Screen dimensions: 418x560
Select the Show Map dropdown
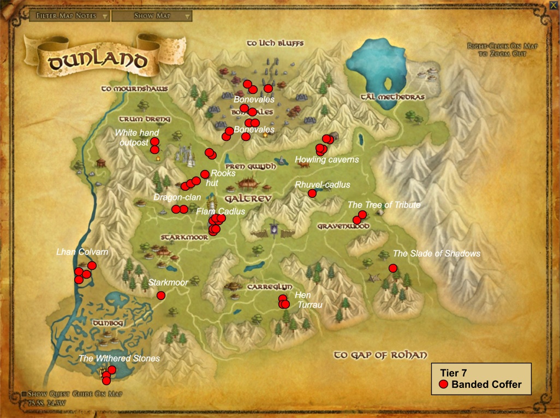152,16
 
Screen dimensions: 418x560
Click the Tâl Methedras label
392,97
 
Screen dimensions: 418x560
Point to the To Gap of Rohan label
380,355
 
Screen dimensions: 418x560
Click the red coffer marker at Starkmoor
161,296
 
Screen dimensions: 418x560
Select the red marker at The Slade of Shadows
393,268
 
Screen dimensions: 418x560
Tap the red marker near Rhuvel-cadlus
312,193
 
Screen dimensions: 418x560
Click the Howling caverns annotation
327,160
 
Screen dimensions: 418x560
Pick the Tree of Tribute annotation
384,205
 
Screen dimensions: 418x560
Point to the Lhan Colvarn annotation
82,252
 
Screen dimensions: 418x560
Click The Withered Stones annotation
119,358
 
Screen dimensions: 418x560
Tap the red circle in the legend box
444,385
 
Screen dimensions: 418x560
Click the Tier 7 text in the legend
453,373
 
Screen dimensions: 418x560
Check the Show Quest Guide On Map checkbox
25,394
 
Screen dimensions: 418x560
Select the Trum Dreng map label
145,119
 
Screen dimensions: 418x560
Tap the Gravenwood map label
344,226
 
